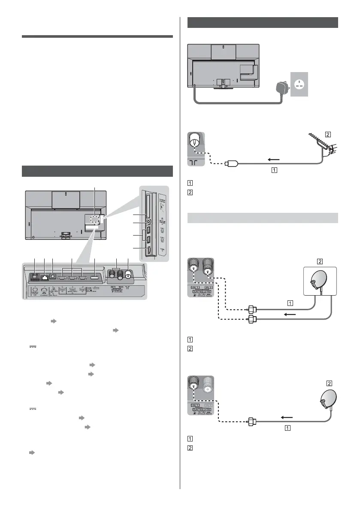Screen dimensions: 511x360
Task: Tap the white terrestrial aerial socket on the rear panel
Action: [x=127, y=276]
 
